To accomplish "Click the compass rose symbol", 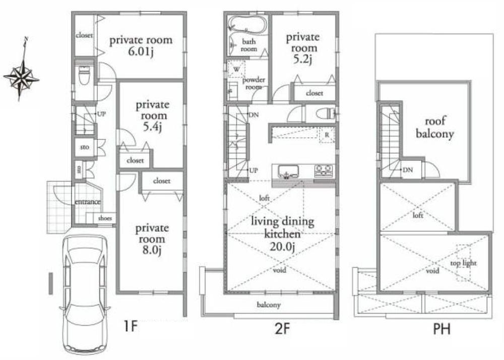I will pyautogui.click(x=22, y=77).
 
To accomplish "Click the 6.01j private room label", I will pyautogui.click(x=141, y=45).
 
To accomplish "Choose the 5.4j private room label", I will pyautogui.click(x=151, y=116).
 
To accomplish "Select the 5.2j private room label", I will pyautogui.click(x=302, y=48).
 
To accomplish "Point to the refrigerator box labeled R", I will pyautogui.click(x=327, y=136).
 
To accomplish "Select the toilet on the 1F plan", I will pyautogui.click(x=84, y=76).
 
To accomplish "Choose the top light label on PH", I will pyautogui.click(x=463, y=263).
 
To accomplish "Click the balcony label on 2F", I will pyautogui.click(x=269, y=305).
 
